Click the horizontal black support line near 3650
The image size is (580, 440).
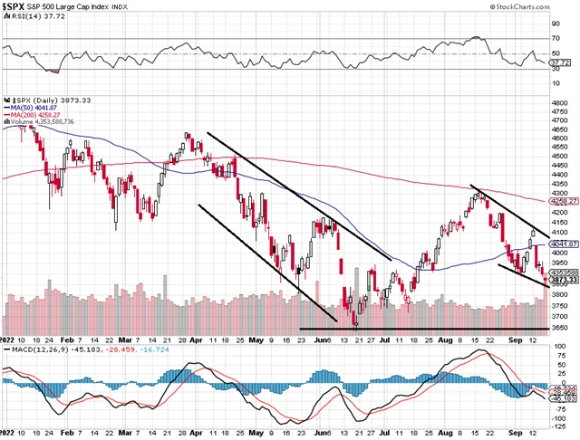click(x=426, y=328)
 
